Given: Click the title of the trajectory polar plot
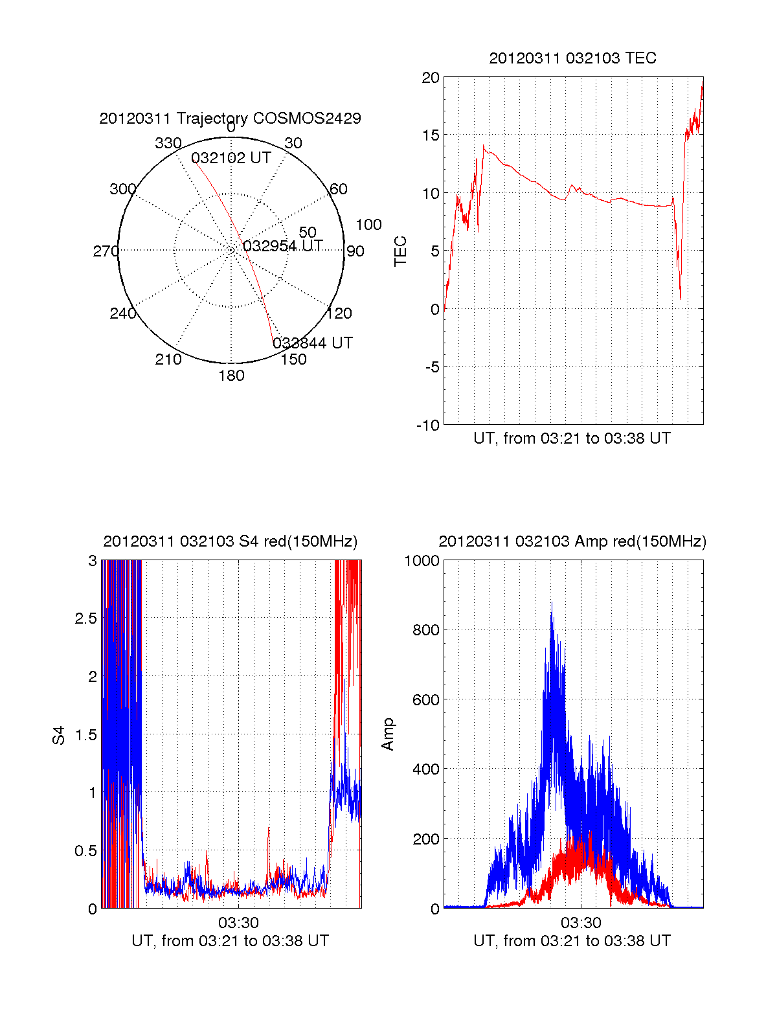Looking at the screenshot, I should [x=230, y=119].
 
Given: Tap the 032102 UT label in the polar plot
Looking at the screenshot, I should [x=231, y=159].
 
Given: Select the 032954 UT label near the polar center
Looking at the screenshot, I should [x=282, y=246].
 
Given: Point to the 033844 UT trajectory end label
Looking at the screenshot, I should [x=313, y=343].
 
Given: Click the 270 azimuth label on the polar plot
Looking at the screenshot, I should [x=106, y=251].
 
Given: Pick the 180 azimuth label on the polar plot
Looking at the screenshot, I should [x=231, y=376].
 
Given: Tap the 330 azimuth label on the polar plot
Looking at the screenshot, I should [x=168, y=143].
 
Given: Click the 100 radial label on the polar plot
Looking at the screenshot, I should [x=368, y=225].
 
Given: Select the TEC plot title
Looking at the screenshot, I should [x=572, y=58].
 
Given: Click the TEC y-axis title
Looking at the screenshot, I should [x=401, y=251].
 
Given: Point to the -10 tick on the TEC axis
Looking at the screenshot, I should [x=428, y=425].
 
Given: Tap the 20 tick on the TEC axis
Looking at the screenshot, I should [x=431, y=78].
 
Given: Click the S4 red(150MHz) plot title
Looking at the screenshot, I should [x=230, y=541].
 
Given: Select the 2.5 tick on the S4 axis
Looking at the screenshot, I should [x=85, y=618].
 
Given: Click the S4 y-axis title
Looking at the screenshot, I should [x=59, y=735].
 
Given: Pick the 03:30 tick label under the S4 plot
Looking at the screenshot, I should [x=238, y=923].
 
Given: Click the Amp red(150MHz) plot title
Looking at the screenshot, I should [x=572, y=541].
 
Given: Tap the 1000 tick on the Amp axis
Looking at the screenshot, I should [x=422, y=561].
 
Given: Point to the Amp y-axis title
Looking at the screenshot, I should [x=388, y=734].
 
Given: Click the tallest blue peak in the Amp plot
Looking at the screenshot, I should [x=552, y=604].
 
